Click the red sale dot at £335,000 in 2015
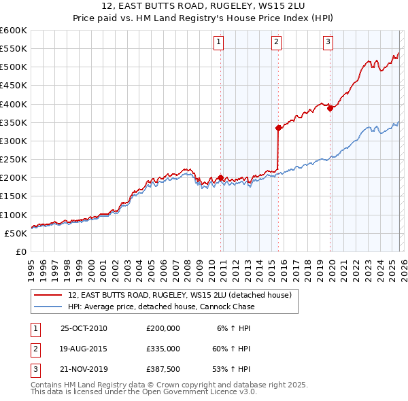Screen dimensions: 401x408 278,128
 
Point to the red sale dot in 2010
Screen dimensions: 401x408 220,177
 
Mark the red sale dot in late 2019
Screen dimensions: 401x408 330,108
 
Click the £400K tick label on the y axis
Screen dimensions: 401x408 13,104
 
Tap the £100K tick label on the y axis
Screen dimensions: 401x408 13,215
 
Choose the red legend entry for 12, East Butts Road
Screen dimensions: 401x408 180,295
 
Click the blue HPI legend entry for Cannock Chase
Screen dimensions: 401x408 161,307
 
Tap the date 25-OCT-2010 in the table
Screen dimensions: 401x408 84,328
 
